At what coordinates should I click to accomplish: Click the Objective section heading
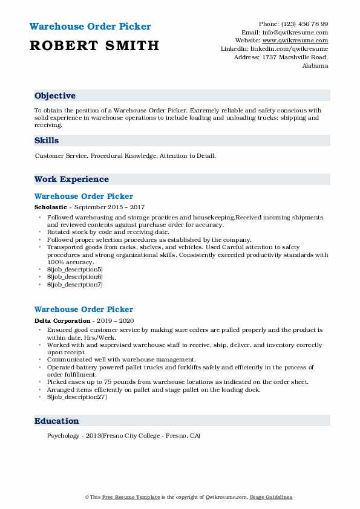55,96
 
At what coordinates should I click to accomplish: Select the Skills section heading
47,141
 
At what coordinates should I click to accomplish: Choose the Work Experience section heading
71,180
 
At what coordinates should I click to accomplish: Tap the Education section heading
56,421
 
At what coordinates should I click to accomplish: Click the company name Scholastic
50,207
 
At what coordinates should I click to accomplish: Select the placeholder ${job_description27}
77,397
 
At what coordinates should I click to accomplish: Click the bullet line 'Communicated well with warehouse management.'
121,360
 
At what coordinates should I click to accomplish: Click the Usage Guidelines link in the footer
272,497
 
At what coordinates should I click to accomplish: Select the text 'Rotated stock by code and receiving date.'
108,232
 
